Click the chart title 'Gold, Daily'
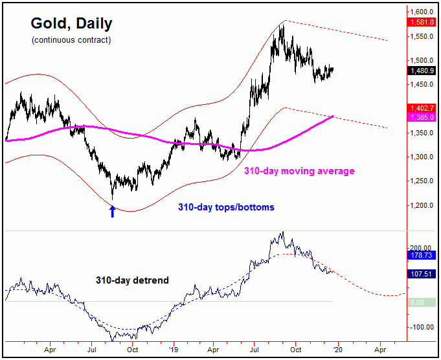point(71,24)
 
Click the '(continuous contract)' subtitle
point(71,40)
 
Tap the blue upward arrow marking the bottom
point(112,211)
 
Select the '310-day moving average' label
point(299,171)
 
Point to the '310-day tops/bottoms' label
point(226,207)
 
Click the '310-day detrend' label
point(132,280)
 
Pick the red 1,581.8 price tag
point(424,22)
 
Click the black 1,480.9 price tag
point(424,71)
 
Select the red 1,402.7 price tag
point(424,109)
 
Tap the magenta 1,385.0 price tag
point(424,117)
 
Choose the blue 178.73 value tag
point(424,256)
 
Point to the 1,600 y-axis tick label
point(423,12)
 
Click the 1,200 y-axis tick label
point(423,205)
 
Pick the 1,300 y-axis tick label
point(423,157)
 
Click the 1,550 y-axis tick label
point(423,36)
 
